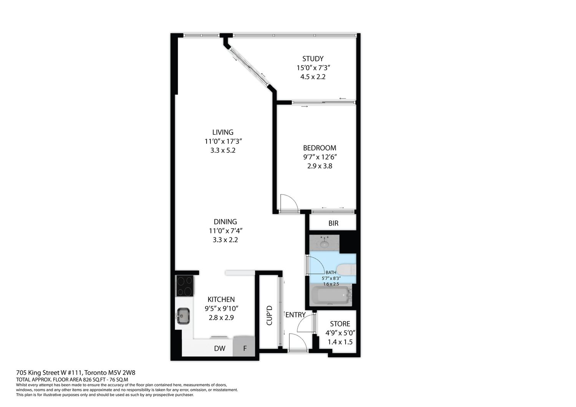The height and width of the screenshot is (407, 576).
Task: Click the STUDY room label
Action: [313, 59]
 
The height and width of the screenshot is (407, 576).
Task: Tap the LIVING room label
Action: [223, 132]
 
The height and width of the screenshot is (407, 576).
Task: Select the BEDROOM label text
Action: [319, 148]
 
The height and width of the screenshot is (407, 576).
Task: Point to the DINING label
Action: [225, 222]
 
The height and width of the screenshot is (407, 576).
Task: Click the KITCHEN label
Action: [221, 300]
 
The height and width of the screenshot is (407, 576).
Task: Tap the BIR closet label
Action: [333, 223]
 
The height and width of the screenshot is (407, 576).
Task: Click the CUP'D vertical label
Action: [269, 315]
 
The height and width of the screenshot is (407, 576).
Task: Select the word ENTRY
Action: [295, 315]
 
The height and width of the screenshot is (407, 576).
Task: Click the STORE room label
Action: [340, 324]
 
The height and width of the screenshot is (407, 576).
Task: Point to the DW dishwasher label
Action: [220, 348]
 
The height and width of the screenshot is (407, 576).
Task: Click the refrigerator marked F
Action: [244, 346]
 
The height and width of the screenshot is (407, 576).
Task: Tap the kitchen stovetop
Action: [185, 286]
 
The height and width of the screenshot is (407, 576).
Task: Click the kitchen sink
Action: [183, 316]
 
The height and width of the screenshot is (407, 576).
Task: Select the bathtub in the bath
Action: [331, 295]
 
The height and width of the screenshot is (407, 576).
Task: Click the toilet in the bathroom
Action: [346, 270]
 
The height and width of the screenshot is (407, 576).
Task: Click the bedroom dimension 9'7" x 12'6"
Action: [320, 157]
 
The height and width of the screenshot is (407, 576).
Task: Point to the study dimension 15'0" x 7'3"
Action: [313, 68]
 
